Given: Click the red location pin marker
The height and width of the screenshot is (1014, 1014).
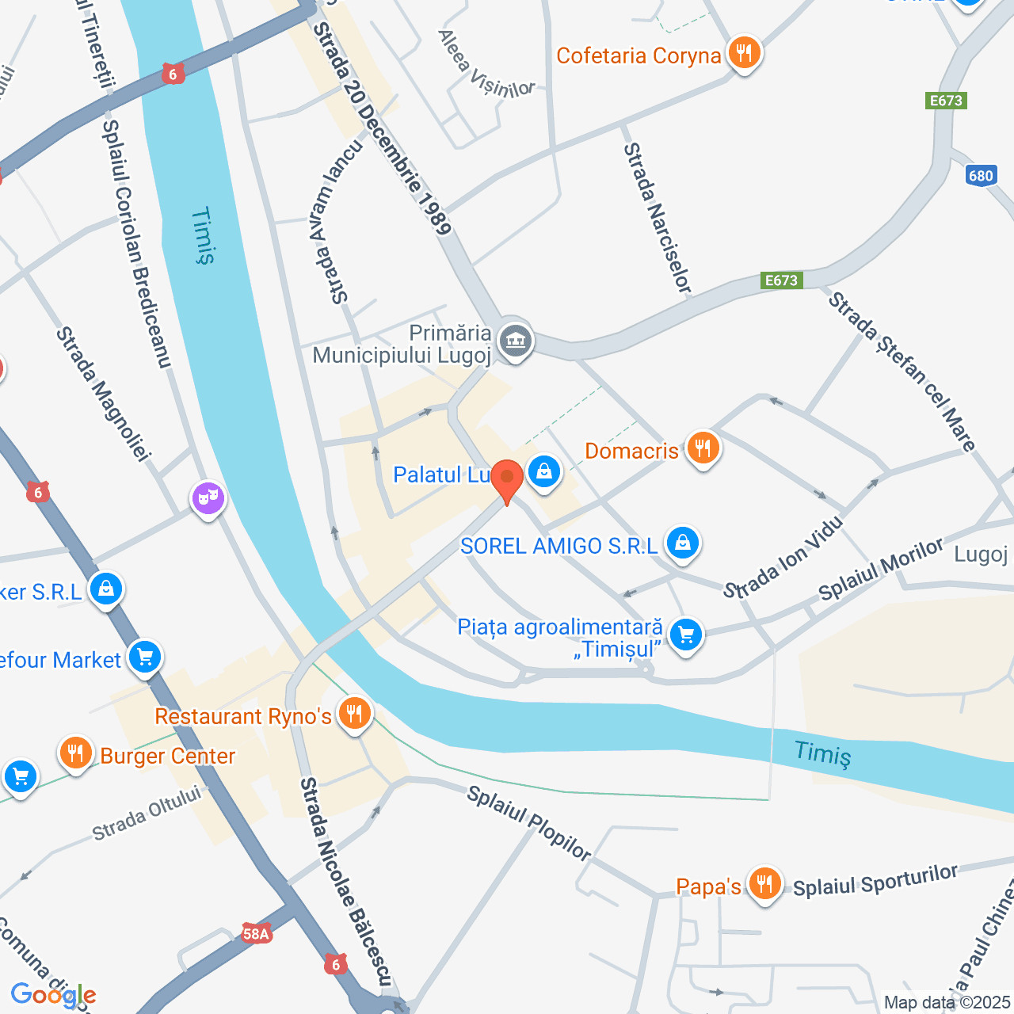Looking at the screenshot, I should [506, 478].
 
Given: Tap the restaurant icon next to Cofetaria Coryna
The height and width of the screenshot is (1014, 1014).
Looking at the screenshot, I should [743, 53].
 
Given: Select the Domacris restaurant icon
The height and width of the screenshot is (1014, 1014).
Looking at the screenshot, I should [703, 448].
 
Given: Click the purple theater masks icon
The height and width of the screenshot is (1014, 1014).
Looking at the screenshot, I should [208, 497].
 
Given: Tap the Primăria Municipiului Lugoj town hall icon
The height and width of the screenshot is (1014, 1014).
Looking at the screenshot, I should [516, 341].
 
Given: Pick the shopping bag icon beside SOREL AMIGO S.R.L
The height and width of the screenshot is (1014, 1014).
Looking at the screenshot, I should [682, 543].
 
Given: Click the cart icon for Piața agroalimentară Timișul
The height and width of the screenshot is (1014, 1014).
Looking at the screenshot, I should [686, 635].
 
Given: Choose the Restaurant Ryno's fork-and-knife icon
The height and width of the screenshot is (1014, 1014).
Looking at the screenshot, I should [354, 713].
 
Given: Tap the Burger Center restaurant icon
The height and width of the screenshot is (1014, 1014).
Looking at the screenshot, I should [76, 753].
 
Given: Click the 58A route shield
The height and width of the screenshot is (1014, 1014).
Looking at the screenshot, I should [256, 934].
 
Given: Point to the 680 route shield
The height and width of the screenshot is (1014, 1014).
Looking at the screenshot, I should [981, 176].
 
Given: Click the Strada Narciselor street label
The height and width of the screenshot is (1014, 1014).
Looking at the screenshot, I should [657, 218].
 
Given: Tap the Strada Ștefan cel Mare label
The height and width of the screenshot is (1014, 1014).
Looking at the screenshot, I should [902, 371].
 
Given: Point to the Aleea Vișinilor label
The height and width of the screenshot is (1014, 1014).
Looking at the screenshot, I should [486, 64].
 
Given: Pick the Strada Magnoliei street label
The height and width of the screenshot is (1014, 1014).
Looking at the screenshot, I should [102, 394].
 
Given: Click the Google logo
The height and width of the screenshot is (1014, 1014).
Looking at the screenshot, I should [53, 995].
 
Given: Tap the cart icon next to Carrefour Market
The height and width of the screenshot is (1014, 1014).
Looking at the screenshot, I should [145, 657].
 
